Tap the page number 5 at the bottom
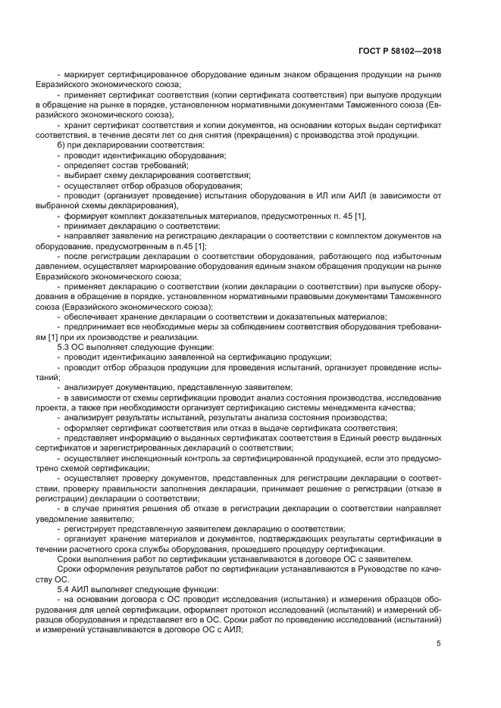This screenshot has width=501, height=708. tap(438, 644)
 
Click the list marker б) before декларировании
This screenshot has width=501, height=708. tap(62, 145)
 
